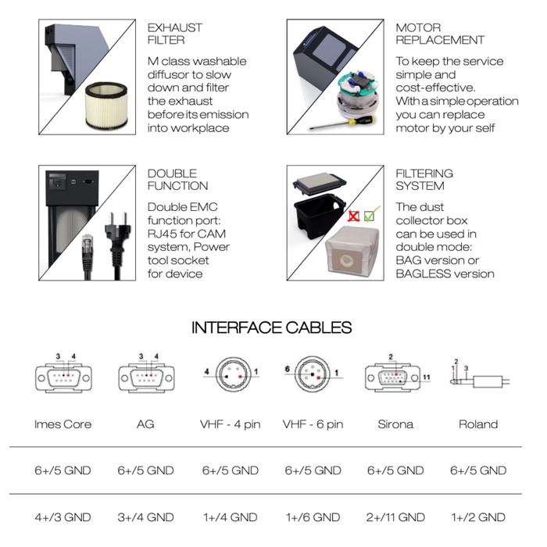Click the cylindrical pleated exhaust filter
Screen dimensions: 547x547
click(106, 105)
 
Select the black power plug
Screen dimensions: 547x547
click(117, 244)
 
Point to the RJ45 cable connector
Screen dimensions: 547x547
click(87, 256)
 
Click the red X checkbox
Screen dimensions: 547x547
click(353, 216)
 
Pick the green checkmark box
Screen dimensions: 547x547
click(371, 214)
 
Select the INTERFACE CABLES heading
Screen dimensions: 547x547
click(271, 327)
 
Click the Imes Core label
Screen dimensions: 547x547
click(63, 424)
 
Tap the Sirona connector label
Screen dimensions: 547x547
click(395, 424)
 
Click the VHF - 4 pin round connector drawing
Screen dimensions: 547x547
click(233, 375)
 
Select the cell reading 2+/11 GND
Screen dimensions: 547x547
click(395, 517)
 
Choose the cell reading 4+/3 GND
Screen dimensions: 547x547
click(63, 517)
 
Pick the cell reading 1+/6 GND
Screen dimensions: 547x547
click(313, 517)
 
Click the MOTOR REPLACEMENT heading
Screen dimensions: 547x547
click(440, 34)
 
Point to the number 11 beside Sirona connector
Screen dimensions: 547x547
click(427, 377)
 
